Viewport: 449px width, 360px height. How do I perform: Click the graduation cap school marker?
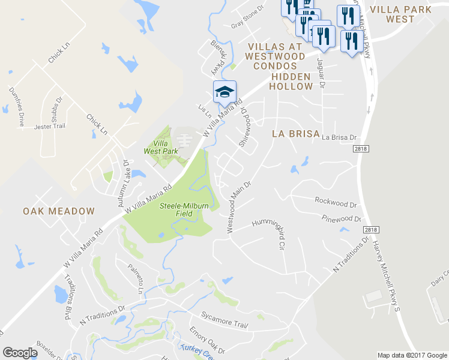224,92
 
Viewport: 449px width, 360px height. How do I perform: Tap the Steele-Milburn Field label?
184,209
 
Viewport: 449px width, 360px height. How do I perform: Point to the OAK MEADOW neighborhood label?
59,211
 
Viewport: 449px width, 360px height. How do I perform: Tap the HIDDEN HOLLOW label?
291,82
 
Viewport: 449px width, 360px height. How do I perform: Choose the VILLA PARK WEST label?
401,14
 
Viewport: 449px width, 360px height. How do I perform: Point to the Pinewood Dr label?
342,219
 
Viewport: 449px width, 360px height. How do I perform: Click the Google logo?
20,353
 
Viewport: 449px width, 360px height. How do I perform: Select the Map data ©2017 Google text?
412,355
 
